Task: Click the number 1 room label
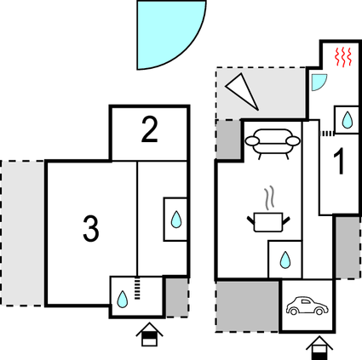click(x=340, y=161)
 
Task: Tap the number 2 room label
click(x=149, y=129)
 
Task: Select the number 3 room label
click(x=91, y=228)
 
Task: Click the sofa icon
click(x=273, y=144)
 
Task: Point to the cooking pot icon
click(x=268, y=222)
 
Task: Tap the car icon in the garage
click(x=307, y=306)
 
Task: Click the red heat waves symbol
click(x=343, y=57)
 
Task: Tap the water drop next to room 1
click(x=348, y=120)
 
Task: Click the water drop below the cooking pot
click(x=285, y=260)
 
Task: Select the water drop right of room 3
click(x=176, y=220)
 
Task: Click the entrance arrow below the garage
click(x=319, y=348)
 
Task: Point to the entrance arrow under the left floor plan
click(x=149, y=334)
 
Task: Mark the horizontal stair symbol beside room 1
click(x=327, y=133)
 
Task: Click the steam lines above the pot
click(x=270, y=198)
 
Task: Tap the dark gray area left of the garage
click(x=247, y=306)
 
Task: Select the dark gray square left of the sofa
click(x=229, y=140)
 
